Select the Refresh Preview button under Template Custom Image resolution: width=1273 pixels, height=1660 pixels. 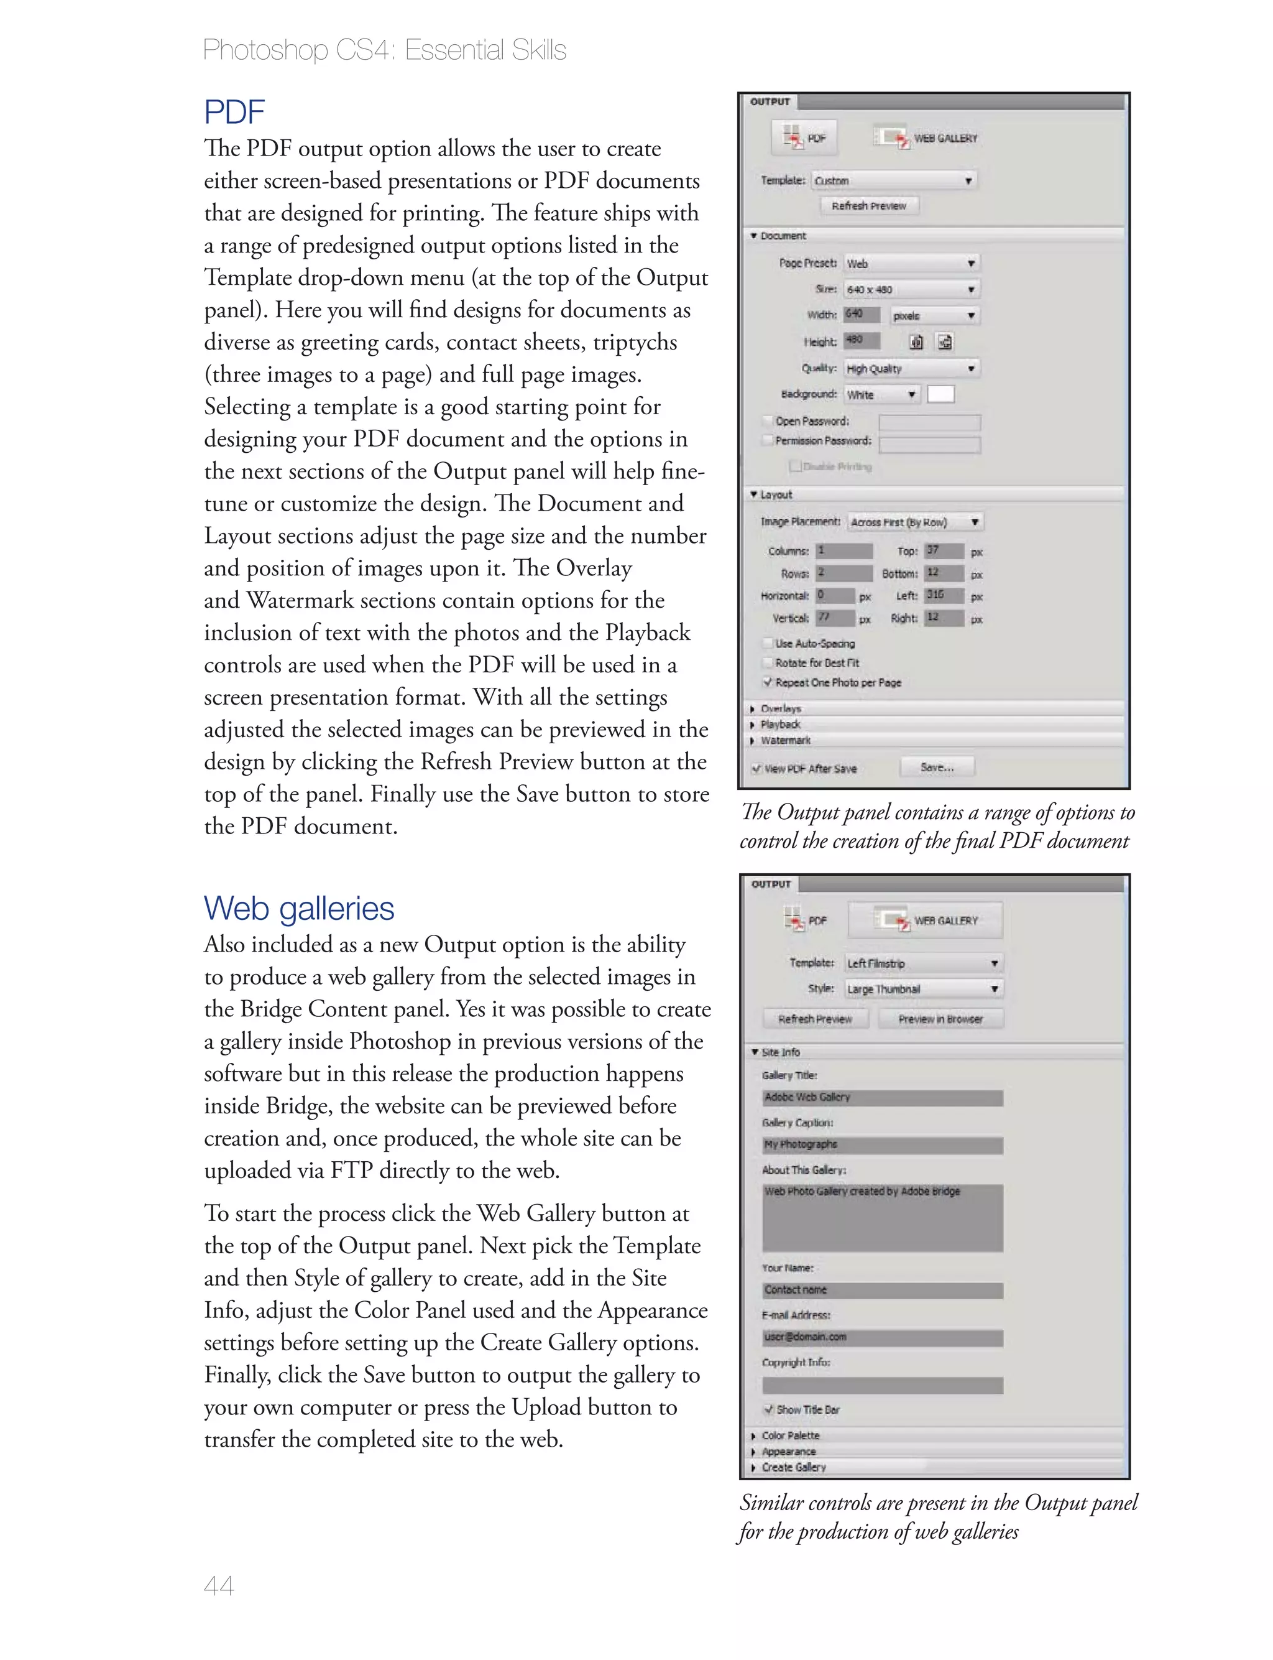tap(868, 205)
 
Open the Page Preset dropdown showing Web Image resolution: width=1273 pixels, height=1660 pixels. tap(911, 263)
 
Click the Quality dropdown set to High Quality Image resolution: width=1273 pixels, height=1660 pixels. tap(911, 368)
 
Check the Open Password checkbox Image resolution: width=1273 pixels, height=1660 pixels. tap(768, 420)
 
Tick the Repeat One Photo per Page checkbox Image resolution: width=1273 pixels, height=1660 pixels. tap(768, 682)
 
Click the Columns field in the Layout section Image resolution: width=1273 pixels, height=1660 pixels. tap(843, 551)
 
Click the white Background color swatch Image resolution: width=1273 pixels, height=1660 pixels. tap(940, 394)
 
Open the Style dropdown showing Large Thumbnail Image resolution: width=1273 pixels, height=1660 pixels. tap(923, 989)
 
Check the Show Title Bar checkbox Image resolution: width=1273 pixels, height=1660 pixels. tap(769, 1410)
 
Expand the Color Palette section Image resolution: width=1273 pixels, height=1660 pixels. tap(754, 1435)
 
